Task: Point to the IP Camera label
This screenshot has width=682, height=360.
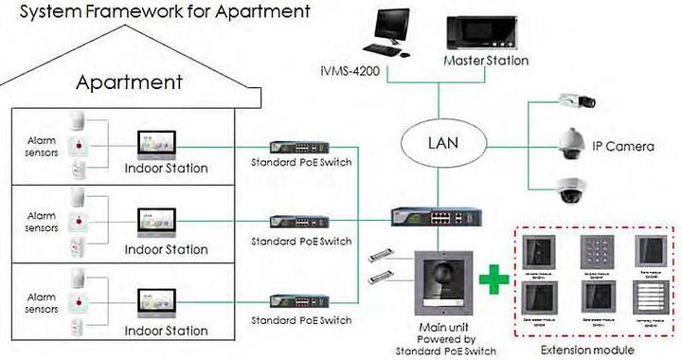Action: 623,146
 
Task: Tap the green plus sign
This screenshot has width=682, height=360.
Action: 489,280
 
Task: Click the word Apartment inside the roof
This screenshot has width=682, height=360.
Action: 129,82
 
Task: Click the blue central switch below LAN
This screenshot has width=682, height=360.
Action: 431,217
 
